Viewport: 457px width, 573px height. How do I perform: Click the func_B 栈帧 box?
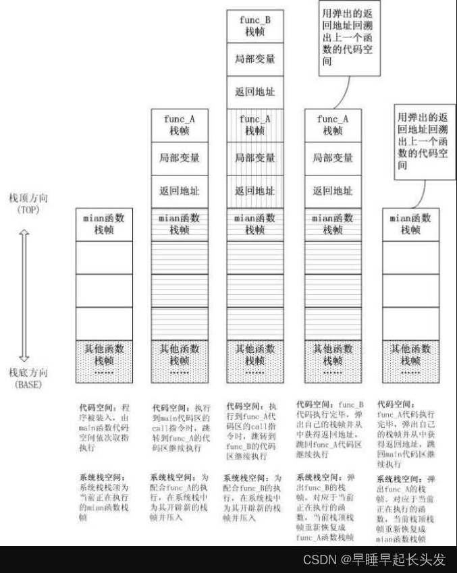tap(255, 26)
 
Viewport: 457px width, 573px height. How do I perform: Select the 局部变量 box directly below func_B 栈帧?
tap(255, 59)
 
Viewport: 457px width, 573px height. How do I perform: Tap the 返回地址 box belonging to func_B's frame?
tap(255, 92)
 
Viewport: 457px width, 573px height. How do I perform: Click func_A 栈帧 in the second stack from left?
tap(179, 125)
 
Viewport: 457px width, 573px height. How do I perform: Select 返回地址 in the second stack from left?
tap(179, 191)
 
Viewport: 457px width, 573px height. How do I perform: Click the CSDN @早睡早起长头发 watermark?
tap(375, 560)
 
